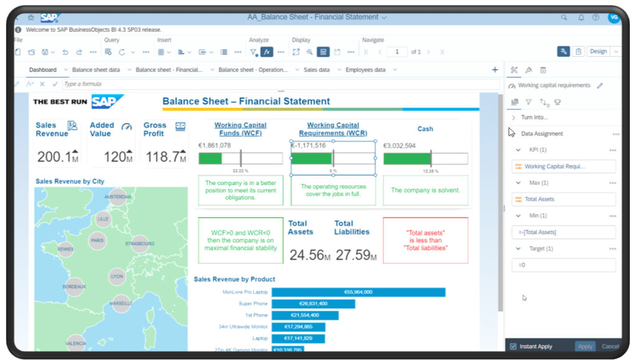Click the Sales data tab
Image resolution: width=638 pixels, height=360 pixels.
(x=317, y=70)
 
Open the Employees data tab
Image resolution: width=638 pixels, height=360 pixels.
(x=365, y=70)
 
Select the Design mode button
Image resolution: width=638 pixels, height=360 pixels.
(x=598, y=52)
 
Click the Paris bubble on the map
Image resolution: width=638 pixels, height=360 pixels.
(x=97, y=240)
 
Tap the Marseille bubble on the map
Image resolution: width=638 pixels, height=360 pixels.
(x=121, y=303)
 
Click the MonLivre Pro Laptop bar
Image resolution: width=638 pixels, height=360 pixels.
(x=358, y=292)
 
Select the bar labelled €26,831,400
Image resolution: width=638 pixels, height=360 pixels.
(x=313, y=304)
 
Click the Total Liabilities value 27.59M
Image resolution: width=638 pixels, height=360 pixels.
(x=356, y=255)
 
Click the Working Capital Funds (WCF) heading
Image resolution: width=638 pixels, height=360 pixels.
(x=240, y=129)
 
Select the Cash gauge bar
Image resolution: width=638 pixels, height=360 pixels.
(x=425, y=159)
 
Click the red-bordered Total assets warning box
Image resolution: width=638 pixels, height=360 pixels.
(x=425, y=240)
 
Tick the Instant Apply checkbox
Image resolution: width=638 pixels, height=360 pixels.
(x=513, y=346)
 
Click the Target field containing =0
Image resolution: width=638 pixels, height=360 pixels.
(x=563, y=265)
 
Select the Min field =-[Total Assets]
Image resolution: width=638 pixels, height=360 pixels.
(x=563, y=232)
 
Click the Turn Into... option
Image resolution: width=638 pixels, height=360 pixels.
(x=535, y=117)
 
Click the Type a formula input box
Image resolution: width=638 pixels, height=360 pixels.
(x=280, y=84)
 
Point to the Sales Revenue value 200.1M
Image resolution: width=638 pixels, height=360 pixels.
(x=57, y=157)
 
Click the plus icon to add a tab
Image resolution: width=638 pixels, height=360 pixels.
(x=495, y=70)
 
